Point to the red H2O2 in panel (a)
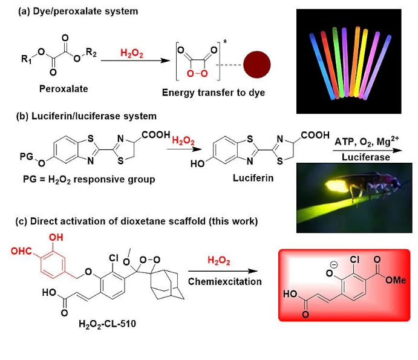(131, 53)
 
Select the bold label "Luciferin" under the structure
(250, 179)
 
